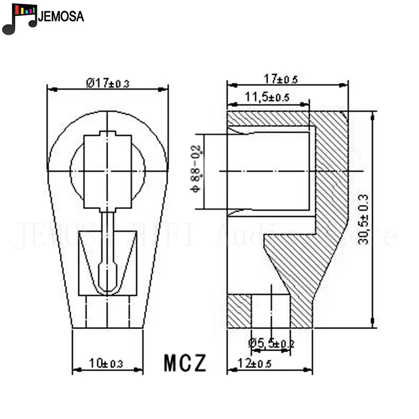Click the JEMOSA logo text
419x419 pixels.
(x=61, y=17)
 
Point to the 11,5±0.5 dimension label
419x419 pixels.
(x=267, y=98)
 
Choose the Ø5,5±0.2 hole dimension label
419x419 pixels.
(x=271, y=343)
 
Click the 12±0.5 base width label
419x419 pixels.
(x=255, y=363)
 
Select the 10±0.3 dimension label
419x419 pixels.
(x=106, y=363)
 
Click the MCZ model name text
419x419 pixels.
(x=185, y=363)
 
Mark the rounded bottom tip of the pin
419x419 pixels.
(x=108, y=289)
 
